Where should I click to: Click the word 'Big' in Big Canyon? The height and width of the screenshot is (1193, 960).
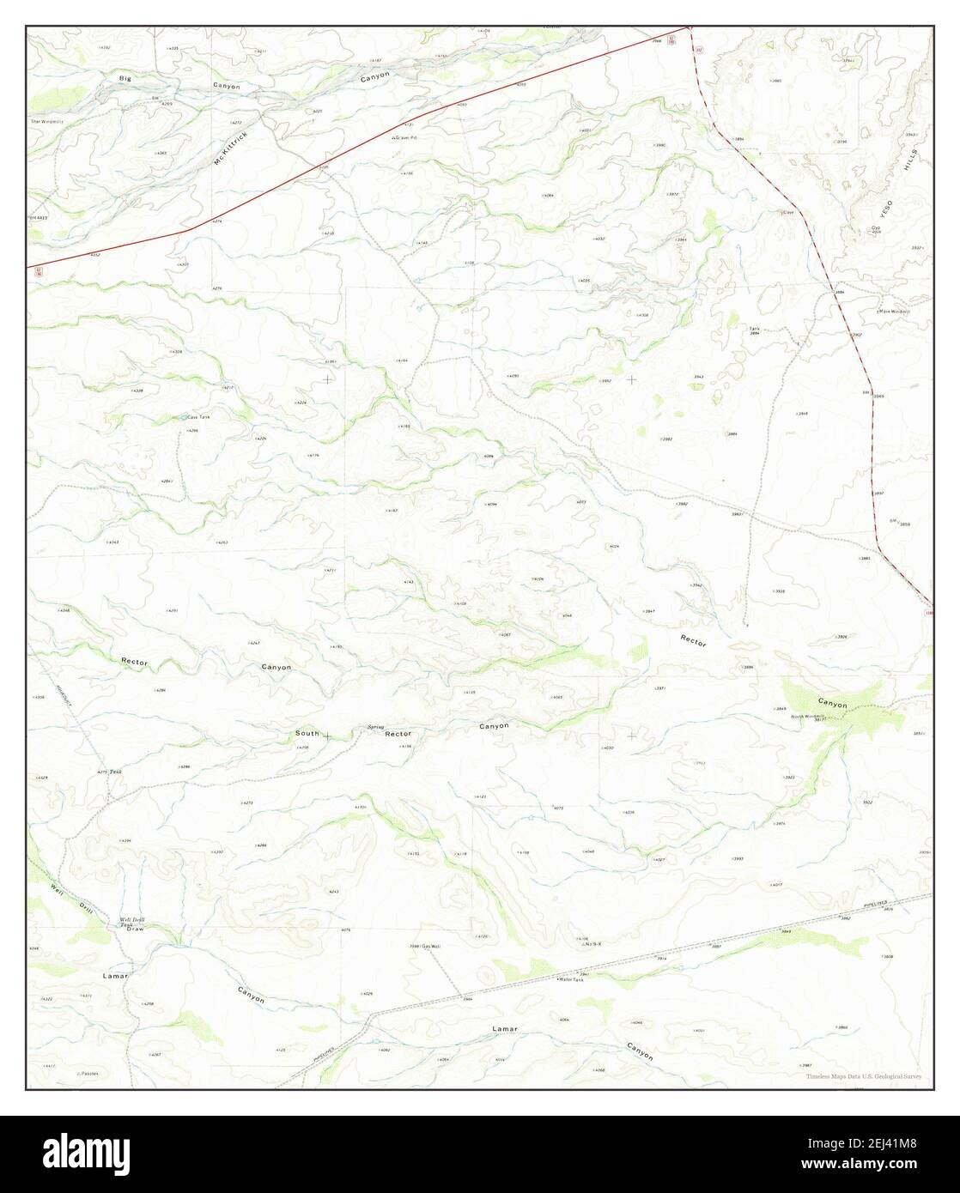(x=127, y=77)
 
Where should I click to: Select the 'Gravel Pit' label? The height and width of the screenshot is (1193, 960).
(x=404, y=137)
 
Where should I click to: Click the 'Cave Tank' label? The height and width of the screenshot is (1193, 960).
(x=198, y=417)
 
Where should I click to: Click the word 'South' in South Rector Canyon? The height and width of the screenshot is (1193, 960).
(x=307, y=734)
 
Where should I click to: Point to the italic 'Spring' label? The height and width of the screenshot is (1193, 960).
(x=375, y=727)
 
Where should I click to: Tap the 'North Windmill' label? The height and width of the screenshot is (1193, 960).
(x=808, y=716)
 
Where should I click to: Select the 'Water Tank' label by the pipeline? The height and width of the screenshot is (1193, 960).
(x=570, y=979)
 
